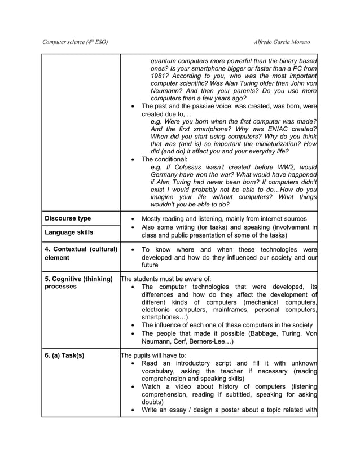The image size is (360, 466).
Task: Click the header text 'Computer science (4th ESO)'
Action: (x=75, y=42)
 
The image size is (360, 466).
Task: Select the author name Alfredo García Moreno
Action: (x=282, y=42)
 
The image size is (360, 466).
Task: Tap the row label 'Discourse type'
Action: (x=68, y=218)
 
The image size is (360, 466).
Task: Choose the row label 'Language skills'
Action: (x=69, y=232)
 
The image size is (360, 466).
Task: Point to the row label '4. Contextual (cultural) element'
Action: (x=80, y=253)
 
